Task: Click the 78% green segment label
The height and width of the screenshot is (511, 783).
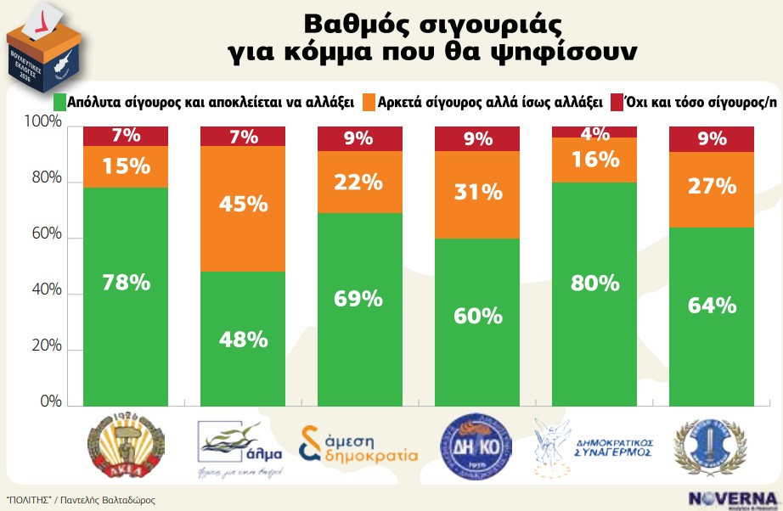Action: [x=125, y=284]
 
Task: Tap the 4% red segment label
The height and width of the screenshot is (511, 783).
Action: [x=594, y=133]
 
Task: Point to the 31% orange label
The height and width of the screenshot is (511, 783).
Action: [x=476, y=193]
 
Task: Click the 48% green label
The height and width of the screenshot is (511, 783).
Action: [x=242, y=340]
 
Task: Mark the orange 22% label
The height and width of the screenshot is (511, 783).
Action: [x=359, y=181]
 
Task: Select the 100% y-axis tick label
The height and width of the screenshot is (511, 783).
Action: [x=42, y=124]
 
